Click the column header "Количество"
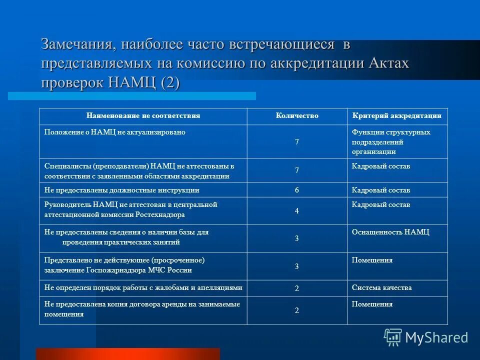(x=297, y=116)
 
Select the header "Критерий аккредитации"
(x=396, y=116)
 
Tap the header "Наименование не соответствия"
(x=143, y=116)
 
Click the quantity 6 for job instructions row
(x=296, y=190)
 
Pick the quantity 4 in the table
(x=296, y=211)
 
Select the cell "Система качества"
(x=381, y=287)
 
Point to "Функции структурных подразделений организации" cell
(x=390, y=141)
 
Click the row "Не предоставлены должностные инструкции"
(x=122, y=190)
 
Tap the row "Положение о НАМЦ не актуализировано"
(x=115, y=132)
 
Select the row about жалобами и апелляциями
(x=143, y=287)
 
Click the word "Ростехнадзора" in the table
(x=160, y=214)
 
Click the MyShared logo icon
(x=392, y=337)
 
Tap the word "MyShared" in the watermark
(x=436, y=337)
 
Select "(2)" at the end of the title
(x=169, y=81)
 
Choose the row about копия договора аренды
(x=142, y=309)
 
